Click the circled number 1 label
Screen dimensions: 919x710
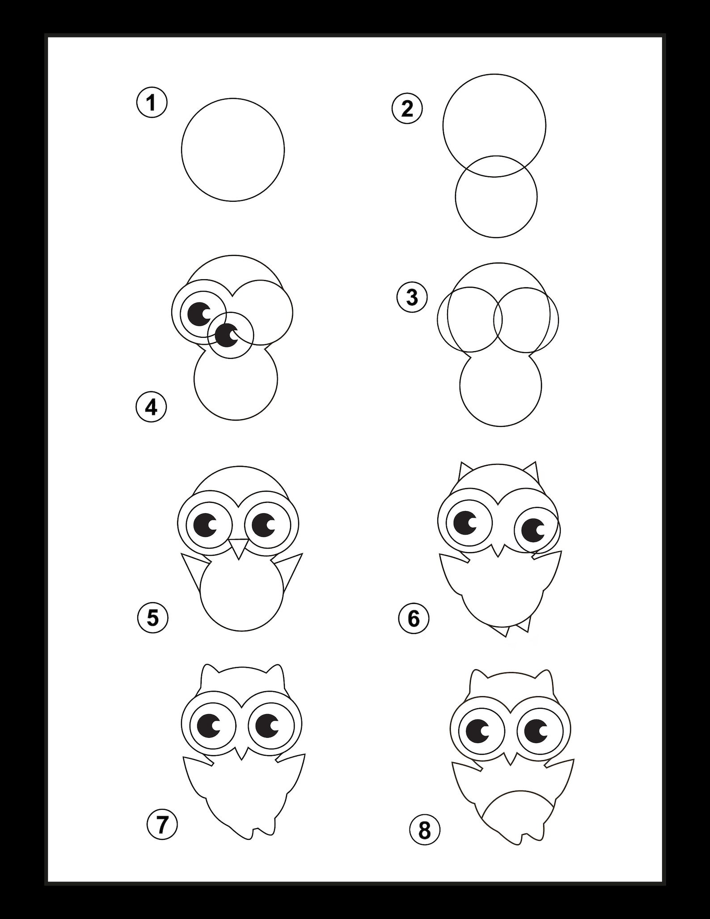pyautogui.click(x=152, y=103)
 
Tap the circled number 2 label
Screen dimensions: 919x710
pyautogui.click(x=407, y=109)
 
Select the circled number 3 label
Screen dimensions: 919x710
pyautogui.click(x=412, y=298)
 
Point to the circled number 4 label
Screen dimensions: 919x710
pyautogui.click(x=151, y=408)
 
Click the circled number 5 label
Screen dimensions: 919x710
pyautogui.click(x=152, y=618)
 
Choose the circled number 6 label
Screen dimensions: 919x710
pyautogui.click(x=413, y=619)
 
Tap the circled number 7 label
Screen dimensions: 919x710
pyautogui.click(x=162, y=824)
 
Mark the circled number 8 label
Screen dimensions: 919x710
pyautogui.click(x=424, y=830)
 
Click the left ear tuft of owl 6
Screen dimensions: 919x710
pyautogui.click(x=464, y=471)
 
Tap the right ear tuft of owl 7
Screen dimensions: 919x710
pyautogui.click(x=275, y=675)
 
